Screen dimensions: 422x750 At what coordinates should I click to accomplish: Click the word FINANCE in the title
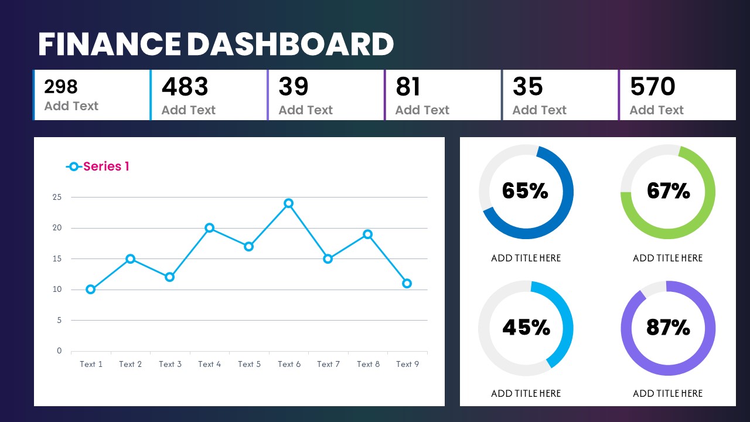[109, 45]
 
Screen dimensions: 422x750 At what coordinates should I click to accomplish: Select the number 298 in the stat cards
[61, 87]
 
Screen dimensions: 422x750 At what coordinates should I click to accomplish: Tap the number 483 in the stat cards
[185, 87]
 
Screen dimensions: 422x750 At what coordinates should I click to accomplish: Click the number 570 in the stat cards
[652, 87]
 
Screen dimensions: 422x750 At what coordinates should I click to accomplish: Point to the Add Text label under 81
[422, 110]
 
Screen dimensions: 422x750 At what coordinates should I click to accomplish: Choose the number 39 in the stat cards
[293, 87]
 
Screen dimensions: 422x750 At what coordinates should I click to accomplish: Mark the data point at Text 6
[288, 203]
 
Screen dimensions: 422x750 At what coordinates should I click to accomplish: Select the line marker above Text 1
[90, 289]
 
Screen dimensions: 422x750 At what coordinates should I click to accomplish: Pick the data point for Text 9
[407, 283]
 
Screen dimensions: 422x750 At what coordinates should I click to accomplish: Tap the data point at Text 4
[209, 228]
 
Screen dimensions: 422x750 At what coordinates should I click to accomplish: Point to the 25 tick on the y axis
[57, 197]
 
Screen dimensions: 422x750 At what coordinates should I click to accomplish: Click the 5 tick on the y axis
[59, 320]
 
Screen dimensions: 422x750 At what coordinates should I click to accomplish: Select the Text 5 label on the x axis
[249, 364]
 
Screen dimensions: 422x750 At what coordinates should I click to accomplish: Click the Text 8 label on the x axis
[368, 364]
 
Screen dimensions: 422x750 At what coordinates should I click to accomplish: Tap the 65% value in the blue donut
[525, 191]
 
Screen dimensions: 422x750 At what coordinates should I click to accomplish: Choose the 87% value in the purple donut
[668, 328]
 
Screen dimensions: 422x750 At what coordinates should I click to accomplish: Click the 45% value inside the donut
[526, 328]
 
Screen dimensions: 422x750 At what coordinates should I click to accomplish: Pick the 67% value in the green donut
[668, 191]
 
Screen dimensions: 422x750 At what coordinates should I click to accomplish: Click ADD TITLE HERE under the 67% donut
[667, 258]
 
